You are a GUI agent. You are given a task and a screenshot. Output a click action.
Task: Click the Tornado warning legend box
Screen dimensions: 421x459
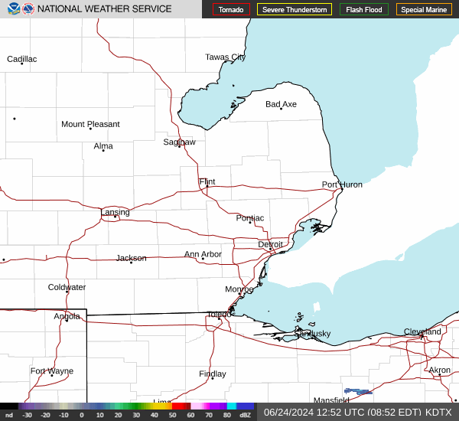(231, 9)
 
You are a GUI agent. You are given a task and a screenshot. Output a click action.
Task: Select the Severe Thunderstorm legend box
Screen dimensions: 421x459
(295, 9)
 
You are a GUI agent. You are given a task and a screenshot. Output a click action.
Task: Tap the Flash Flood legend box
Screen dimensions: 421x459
(365, 9)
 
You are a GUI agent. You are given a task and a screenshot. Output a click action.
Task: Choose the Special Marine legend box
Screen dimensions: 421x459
(424, 9)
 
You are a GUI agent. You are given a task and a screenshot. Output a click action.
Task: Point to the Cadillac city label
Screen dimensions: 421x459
(21, 59)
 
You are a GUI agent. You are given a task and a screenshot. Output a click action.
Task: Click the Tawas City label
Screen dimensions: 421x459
(225, 57)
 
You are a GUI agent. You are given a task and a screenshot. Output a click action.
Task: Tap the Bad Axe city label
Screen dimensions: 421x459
(281, 104)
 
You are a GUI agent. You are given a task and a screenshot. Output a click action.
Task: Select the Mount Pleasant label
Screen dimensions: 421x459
(90, 124)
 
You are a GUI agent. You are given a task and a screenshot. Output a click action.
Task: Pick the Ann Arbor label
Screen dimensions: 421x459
(203, 254)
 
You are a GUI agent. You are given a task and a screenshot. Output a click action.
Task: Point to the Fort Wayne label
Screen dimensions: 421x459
(52, 370)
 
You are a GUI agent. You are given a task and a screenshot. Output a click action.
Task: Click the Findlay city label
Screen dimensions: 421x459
(212, 374)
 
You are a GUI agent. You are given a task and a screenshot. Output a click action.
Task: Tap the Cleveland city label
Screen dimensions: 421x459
(422, 331)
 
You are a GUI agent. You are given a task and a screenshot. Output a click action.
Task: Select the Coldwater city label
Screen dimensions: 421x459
(67, 287)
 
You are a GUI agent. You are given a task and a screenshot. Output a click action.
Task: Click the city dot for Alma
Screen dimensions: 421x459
(103, 150)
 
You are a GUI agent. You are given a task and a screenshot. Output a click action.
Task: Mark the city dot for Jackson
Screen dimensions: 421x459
(132, 263)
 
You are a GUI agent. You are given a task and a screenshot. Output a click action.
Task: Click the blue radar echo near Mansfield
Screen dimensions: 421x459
(358, 391)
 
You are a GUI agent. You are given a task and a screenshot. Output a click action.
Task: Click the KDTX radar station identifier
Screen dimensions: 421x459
(438, 412)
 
